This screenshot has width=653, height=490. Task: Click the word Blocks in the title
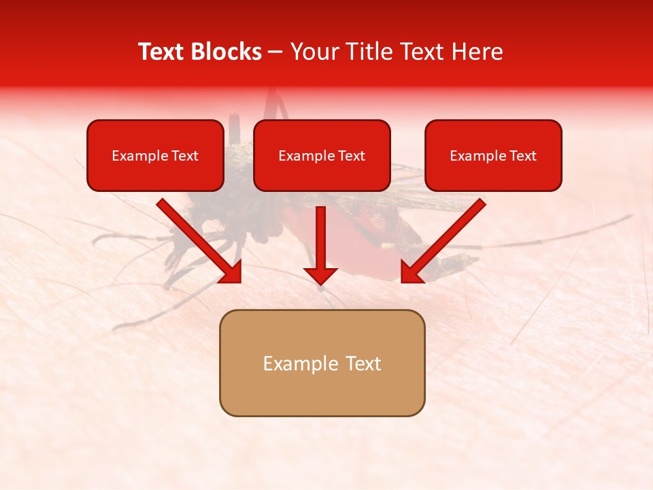pos(228,52)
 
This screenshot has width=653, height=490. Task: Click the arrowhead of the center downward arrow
pos(320,276)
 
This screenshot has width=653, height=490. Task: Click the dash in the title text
pos(275,52)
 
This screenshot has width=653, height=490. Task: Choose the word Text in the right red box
pos(524,156)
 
